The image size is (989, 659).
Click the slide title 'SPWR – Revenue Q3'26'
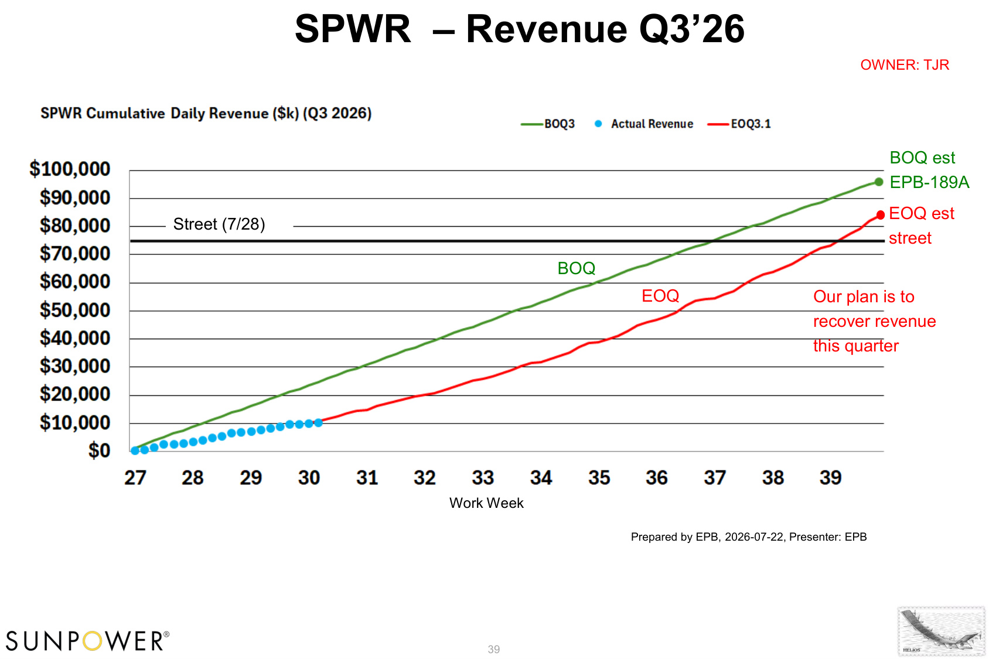pos(519,29)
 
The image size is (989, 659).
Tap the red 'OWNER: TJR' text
pos(905,65)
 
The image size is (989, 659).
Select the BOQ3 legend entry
pos(547,124)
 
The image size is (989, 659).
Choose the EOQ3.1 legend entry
pos(739,124)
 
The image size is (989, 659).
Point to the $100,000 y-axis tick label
pos(70,169)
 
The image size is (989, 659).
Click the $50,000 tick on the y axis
pos(74,310)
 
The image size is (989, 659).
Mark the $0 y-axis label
pos(100,450)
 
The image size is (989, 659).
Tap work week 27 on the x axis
pos(135,477)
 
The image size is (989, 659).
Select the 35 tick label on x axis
pos(599,477)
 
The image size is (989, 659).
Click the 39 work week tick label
pos(830,477)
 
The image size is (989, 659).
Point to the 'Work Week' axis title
pos(486,503)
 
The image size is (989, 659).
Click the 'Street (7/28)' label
pos(219,224)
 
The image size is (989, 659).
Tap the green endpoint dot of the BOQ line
pos(879,182)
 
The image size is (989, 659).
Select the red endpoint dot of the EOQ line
pos(881,215)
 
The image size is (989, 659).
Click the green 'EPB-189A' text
pos(929,182)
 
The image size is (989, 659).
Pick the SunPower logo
pos(87,640)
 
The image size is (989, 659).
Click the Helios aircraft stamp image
pos(941,631)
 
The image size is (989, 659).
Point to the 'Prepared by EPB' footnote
pos(748,537)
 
